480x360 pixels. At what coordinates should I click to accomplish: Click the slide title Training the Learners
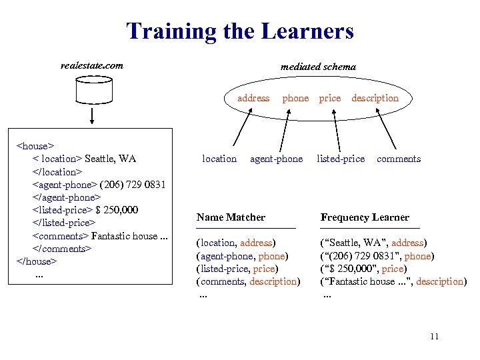(240, 31)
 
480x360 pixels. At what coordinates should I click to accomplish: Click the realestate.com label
(91, 65)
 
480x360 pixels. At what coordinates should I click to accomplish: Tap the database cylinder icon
(92, 89)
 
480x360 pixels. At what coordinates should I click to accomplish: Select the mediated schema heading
(318, 67)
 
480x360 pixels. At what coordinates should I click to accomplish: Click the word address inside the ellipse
(253, 98)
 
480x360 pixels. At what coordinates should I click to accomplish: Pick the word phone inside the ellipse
(295, 98)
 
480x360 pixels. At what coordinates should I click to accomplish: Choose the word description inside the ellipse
(375, 98)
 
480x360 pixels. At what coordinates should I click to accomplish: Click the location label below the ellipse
(219, 159)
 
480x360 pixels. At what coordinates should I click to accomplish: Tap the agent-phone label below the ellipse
(276, 159)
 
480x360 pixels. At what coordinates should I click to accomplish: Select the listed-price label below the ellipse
(341, 159)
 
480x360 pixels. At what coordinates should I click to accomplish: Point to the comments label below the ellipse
(399, 159)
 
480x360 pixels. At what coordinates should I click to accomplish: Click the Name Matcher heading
(231, 217)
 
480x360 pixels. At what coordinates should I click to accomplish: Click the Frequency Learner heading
(365, 217)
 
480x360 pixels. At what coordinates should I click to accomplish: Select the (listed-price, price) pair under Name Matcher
(237, 269)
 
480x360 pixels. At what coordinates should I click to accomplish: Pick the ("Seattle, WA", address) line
(374, 243)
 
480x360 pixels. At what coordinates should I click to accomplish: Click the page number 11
(434, 336)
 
